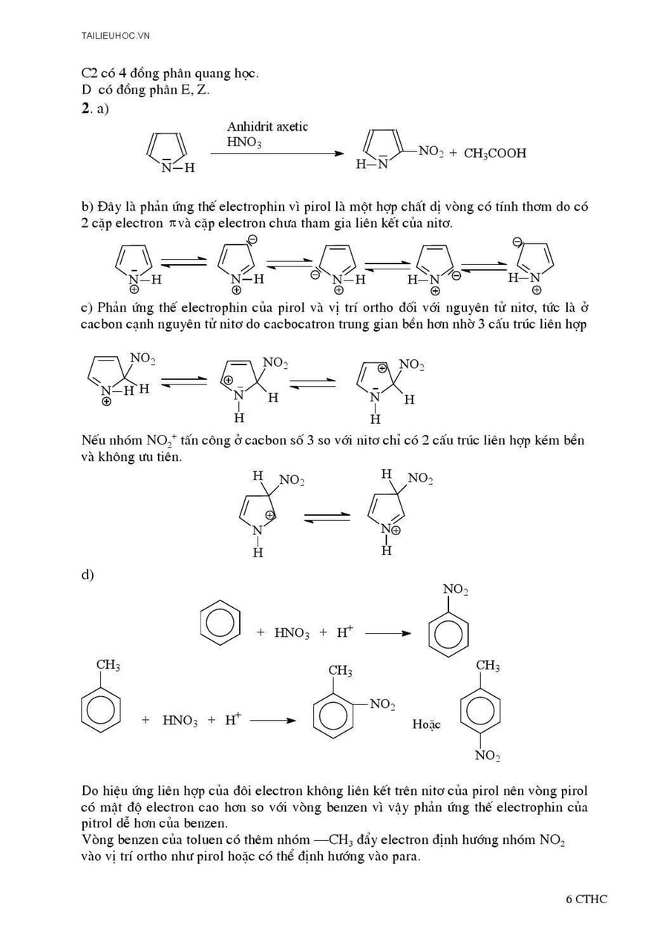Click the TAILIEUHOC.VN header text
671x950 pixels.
(x=116, y=36)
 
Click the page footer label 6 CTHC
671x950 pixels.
(x=586, y=899)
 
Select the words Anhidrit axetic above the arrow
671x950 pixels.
(x=267, y=127)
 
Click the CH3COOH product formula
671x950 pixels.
(x=495, y=154)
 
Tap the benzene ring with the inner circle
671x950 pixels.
(x=220, y=622)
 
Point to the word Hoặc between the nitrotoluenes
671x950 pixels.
(x=426, y=724)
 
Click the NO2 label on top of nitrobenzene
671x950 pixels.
(x=455, y=590)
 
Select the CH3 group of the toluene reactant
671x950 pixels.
(x=108, y=665)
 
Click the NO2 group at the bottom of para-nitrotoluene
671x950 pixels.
(x=487, y=756)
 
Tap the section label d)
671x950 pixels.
(x=88, y=574)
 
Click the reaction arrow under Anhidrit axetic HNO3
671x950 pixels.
(x=277, y=154)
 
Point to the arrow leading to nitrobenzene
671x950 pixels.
(x=387, y=633)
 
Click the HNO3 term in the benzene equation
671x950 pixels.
(x=292, y=633)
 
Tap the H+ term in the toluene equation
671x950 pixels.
(x=233, y=720)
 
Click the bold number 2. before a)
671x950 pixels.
(x=85, y=109)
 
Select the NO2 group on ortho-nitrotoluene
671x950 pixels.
(x=382, y=704)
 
